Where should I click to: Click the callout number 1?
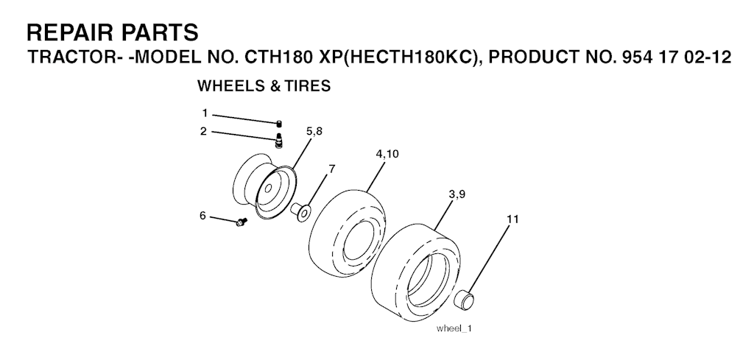tap(205, 113)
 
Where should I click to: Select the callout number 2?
tap(204, 131)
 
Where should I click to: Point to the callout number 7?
tap(332, 169)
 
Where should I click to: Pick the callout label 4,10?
tap(387, 155)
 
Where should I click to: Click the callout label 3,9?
tap(457, 194)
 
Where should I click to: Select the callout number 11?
tap(512, 219)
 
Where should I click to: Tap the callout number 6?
tap(203, 216)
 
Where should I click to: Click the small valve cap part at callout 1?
tap(279, 124)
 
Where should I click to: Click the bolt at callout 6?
tap(242, 222)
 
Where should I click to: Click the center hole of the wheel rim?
tap(268, 188)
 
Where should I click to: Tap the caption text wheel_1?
tap(454, 328)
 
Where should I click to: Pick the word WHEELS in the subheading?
tap(228, 86)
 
